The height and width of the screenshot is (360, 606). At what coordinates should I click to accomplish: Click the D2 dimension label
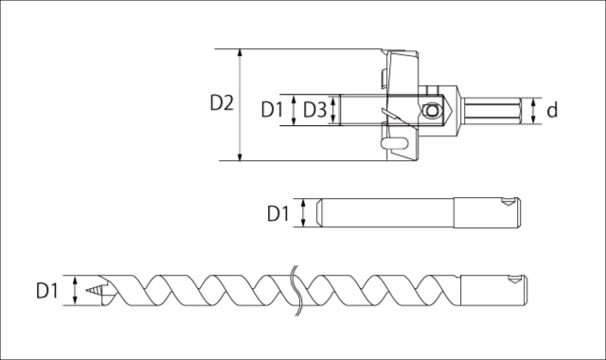coord(222,103)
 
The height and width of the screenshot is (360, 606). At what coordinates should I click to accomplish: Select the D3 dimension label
coord(314,110)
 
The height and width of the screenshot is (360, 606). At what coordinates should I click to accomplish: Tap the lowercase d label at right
coord(552,110)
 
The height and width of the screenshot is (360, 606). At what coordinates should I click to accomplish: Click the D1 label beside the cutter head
coord(272,110)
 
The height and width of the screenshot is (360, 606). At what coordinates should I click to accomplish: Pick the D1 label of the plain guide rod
coord(277,213)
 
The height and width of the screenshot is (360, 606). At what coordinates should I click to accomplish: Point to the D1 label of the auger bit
coord(46,291)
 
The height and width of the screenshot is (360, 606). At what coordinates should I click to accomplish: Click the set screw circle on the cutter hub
coord(432,111)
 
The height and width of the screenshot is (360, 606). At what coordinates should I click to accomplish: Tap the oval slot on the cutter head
coord(395,143)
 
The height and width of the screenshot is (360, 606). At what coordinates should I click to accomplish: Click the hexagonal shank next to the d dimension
coord(492,110)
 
